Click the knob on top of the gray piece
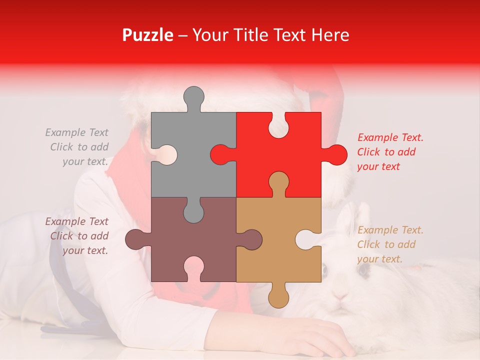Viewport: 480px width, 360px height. pyautogui.click(x=193, y=96)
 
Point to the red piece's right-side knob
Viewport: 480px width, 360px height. pyautogui.click(x=335, y=155)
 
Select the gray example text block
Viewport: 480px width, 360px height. pyautogui.click(x=77, y=147)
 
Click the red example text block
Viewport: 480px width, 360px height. pyautogui.click(x=390, y=152)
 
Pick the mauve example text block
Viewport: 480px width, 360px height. pyautogui.click(x=77, y=236)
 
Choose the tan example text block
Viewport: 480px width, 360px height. pyautogui.click(x=390, y=244)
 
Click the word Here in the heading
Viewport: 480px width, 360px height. pyautogui.click(x=330, y=35)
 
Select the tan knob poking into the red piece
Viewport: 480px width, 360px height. pyautogui.click(x=278, y=182)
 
